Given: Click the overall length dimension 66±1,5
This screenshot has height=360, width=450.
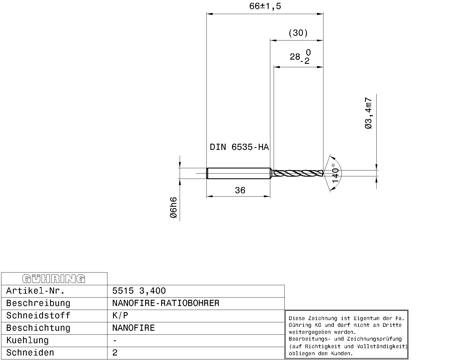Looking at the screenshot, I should (265, 6).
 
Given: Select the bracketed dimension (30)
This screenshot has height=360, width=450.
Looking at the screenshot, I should (298, 33).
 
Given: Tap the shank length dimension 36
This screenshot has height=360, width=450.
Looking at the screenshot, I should (240, 190).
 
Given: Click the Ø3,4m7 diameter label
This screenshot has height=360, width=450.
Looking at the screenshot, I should (368, 113).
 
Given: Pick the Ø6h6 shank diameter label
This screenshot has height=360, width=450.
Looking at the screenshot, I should (174, 208).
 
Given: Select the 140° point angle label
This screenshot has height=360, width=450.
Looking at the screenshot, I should (336, 173).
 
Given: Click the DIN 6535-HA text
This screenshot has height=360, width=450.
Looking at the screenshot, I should (239, 147).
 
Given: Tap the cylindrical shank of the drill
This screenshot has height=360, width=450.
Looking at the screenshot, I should (238, 173).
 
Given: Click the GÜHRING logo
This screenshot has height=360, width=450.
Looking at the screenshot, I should (54, 279).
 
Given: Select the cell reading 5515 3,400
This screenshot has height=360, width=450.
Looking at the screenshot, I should (139, 291).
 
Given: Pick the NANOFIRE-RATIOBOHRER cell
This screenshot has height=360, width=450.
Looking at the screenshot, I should (165, 303).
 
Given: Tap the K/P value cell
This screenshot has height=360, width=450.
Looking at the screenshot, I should (120, 316).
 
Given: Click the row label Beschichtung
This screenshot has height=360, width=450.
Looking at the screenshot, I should (38, 328).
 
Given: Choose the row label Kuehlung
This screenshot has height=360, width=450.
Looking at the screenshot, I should (27, 340).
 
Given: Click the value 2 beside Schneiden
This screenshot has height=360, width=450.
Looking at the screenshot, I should (115, 353).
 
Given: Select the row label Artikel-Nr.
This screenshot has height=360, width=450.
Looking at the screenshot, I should (35, 291).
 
